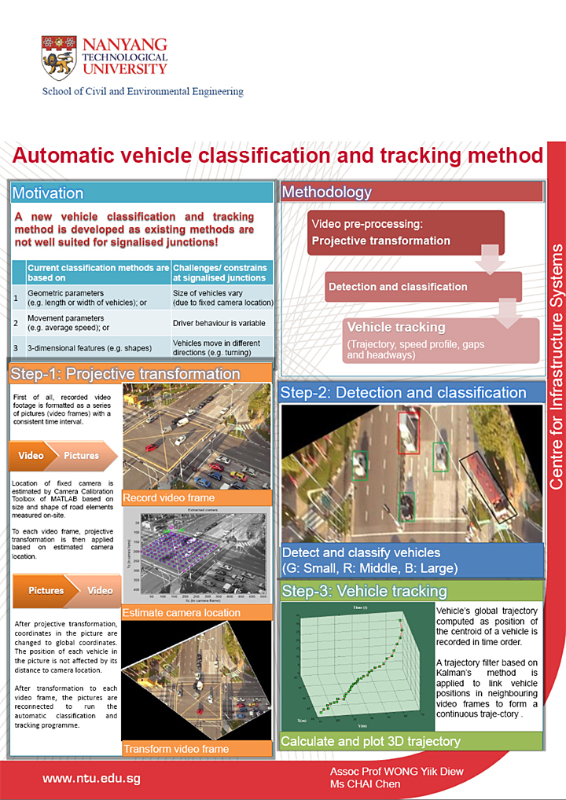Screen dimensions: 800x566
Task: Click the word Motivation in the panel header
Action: coord(48,193)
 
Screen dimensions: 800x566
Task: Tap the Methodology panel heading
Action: coord(327,192)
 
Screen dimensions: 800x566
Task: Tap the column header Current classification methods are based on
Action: coord(97,272)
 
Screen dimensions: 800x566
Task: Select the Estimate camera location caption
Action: coord(182,612)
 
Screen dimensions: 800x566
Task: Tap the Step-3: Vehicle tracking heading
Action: coord(364,591)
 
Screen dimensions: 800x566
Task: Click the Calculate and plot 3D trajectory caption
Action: coord(370,741)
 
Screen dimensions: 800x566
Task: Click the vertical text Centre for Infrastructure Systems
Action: coord(555,367)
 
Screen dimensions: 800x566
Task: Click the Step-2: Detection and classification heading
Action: coord(404,393)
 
